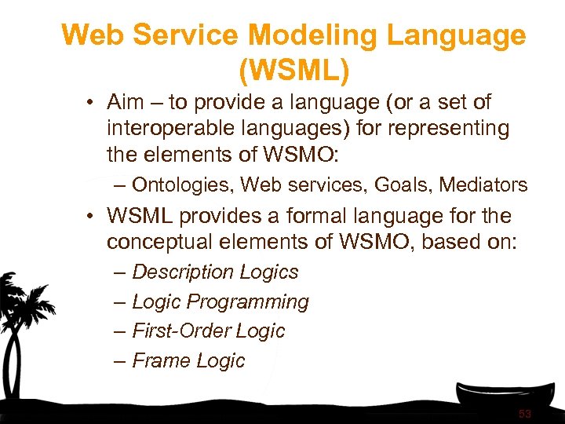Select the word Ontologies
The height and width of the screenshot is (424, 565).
coord(183,185)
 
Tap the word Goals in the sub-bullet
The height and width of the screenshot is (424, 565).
coord(403,185)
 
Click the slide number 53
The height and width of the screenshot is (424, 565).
coord(525,413)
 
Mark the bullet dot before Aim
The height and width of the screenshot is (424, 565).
coord(92,103)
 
